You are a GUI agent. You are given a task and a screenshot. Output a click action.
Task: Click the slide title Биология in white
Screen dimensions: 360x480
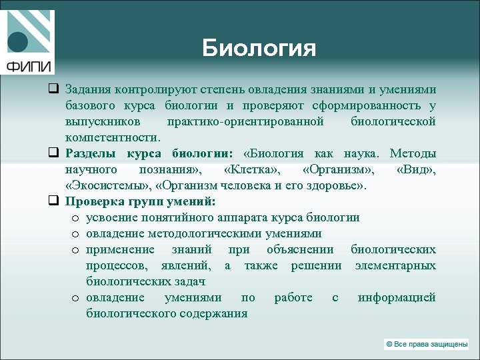tap(259, 48)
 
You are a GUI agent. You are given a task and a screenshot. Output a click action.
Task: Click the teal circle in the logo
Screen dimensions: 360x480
tap(18, 42)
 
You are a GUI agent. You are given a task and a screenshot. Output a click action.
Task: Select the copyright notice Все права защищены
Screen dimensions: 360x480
tap(427, 344)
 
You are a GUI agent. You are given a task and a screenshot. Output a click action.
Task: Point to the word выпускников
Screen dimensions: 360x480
tap(103, 121)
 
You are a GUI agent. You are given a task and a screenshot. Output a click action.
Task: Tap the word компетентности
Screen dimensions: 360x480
tap(113, 137)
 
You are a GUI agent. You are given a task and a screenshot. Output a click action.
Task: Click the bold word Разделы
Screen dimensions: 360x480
tap(91, 153)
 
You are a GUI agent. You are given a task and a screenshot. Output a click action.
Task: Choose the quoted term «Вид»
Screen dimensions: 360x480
tap(416, 169)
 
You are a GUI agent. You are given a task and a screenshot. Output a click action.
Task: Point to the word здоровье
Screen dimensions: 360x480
tap(337, 185)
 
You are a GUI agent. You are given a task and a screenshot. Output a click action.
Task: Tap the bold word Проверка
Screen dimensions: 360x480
tap(93, 201)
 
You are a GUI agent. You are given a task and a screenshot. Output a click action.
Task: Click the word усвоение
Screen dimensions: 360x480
tap(111, 217)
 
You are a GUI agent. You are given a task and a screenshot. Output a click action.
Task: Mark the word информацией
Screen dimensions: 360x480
tap(397, 297)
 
